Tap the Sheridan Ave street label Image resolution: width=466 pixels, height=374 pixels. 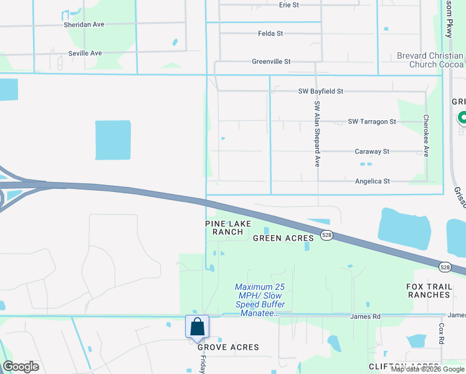pos(83,24)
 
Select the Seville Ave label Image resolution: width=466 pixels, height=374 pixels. pos(85,53)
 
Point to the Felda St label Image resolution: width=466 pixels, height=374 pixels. pos(270,33)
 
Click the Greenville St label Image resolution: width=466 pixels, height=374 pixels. pos(271,62)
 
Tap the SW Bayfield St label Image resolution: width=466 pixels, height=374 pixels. pos(321,91)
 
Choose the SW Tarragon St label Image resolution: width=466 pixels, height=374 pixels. pos(372,122)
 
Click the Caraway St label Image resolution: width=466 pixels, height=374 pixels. pos(372,151)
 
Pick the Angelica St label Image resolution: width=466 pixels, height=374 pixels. pos(372,181)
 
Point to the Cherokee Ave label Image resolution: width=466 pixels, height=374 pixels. pos(426,135)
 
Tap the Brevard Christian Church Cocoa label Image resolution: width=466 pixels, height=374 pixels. pos(430,60)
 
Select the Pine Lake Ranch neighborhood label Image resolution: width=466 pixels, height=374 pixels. pos(223,227)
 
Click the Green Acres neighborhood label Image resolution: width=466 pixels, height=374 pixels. pos(277,238)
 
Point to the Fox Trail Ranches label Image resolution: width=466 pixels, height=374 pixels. pos(428,290)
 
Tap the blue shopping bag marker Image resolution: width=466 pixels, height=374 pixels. pos(197,327)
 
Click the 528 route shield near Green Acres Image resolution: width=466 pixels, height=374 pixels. pos(326,235)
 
